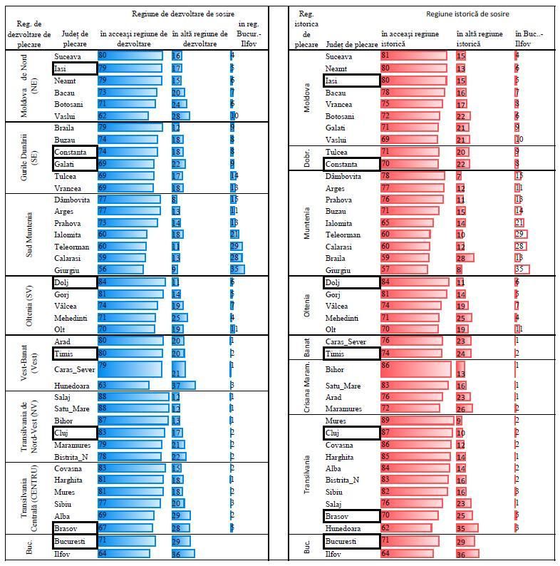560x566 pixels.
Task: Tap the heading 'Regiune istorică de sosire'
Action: click(x=467, y=14)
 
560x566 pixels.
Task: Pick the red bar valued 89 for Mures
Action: click(x=416, y=421)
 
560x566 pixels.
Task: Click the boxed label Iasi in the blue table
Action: click(x=74, y=68)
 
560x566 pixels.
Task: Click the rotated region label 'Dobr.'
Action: click(x=306, y=158)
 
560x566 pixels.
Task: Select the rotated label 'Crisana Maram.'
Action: click(x=306, y=387)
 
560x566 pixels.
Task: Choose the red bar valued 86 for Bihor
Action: click(x=415, y=369)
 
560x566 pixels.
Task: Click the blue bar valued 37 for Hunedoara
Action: click(x=183, y=386)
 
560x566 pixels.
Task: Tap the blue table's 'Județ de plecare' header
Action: click(x=74, y=38)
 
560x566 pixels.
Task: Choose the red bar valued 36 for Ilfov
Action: click(x=467, y=554)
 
